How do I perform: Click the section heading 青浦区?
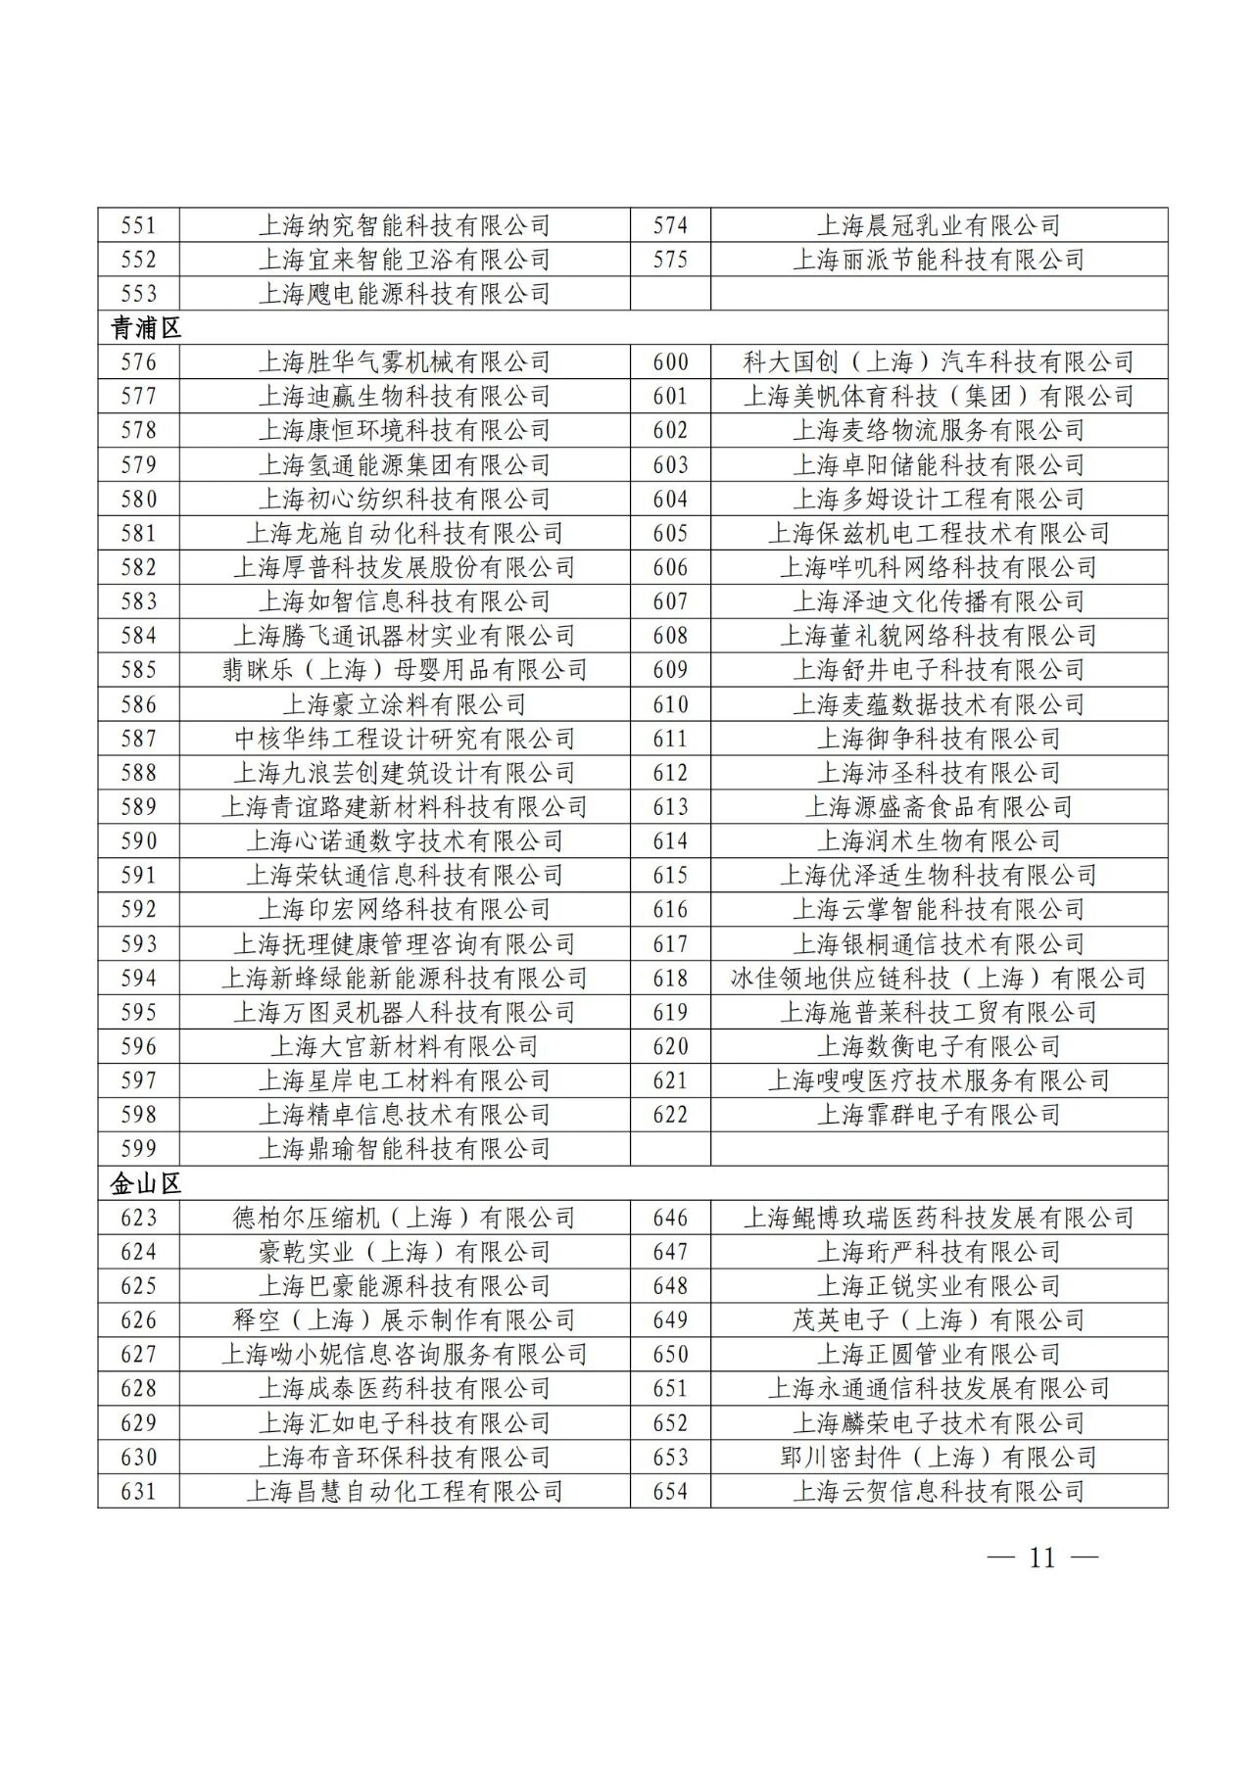145,328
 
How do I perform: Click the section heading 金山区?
145,1183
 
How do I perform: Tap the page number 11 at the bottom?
1041,1557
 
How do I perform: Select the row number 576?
138,362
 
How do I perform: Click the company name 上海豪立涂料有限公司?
404,704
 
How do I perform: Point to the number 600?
670,362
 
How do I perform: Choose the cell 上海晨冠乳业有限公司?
939,225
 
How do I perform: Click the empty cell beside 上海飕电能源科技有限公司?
939,294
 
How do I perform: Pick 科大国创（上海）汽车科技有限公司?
939,362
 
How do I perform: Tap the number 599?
138,1149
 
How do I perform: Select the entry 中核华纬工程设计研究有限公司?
404,739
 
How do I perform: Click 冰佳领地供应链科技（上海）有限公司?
939,978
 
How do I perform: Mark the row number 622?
670,1115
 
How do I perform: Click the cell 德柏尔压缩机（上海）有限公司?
404,1218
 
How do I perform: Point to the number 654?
670,1491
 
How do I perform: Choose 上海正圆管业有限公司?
939,1354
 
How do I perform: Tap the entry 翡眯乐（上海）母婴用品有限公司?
404,670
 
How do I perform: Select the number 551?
138,225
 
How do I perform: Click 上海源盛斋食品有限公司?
939,807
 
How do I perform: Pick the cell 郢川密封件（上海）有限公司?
939,1457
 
